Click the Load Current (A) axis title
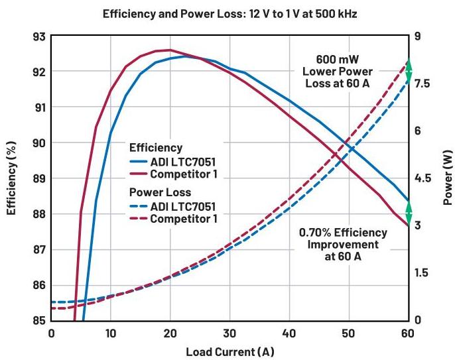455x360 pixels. [229, 350]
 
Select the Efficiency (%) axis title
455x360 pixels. [11, 178]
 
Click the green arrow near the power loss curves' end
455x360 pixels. [409, 69]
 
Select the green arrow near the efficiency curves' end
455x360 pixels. [409, 213]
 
